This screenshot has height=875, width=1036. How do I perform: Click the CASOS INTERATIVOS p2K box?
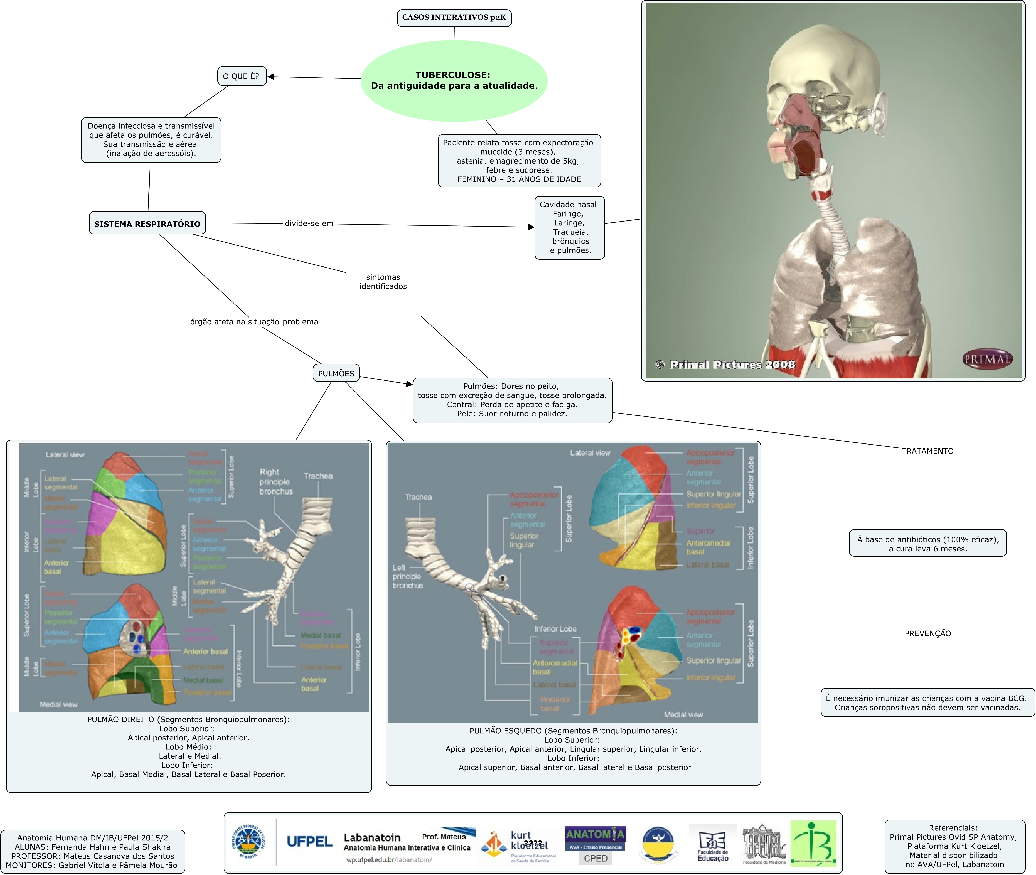click(454, 18)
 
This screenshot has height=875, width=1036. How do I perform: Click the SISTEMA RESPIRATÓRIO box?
click(147, 224)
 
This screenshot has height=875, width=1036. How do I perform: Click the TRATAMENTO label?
click(927, 451)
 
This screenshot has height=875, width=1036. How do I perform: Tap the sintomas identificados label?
click(383, 282)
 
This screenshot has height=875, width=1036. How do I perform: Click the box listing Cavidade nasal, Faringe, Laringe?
click(569, 228)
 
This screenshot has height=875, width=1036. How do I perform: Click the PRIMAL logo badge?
click(987, 359)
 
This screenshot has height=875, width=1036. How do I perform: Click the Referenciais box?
click(954, 846)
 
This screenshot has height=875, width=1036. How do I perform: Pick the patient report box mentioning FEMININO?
click(519, 161)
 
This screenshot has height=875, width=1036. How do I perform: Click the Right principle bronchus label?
click(276, 482)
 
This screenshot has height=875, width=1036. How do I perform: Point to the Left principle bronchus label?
click(408, 576)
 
